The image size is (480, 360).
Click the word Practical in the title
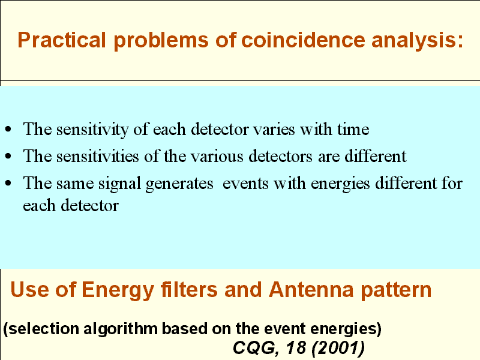point(62,40)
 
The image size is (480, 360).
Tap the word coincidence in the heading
point(303,40)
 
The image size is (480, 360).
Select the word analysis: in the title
point(417,41)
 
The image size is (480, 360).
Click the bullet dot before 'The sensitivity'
point(8,129)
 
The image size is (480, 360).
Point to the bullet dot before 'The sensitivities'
point(8,156)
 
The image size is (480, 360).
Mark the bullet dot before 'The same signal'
point(8,183)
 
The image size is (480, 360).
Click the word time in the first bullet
point(353,129)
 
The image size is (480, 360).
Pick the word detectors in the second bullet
point(280,156)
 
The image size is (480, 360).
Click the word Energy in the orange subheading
point(118,290)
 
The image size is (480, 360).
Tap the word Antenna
point(311,290)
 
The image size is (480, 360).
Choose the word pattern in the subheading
point(396,290)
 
